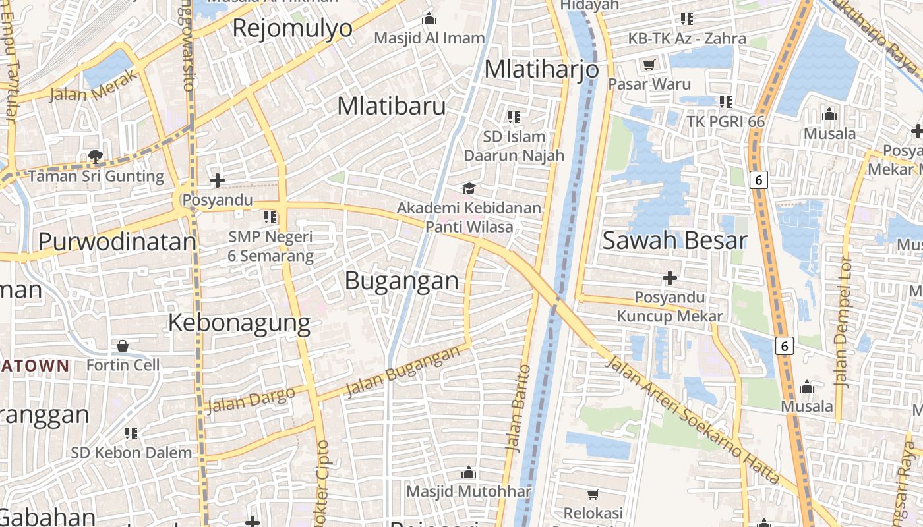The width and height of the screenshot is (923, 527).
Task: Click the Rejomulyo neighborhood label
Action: click(293, 28)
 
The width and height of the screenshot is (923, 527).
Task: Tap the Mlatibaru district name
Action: click(392, 106)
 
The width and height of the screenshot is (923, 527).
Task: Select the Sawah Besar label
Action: click(674, 240)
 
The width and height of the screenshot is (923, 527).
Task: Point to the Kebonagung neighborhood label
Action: click(239, 323)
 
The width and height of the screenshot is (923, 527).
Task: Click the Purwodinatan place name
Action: click(117, 242)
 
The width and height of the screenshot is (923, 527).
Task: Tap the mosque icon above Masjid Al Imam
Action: click(429, 19)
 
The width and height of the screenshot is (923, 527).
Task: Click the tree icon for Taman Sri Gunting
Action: click(96, 157)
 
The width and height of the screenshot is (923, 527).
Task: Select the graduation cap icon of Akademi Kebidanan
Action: click(469, 189)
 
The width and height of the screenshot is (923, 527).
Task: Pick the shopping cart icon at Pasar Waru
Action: click(649, 65)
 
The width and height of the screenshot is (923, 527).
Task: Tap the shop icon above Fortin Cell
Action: click(123, 346)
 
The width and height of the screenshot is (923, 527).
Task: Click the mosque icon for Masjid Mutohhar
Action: click(469, 472)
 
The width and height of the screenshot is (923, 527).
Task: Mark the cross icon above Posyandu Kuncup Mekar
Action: click(670, 278)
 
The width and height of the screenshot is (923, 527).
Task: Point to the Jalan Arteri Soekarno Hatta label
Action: click(692, 419)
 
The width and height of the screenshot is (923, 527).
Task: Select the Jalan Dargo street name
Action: click(251, 400)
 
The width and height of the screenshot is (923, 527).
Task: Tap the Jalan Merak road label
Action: click(94, 86)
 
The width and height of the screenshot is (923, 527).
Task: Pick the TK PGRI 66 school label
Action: click(725, 122)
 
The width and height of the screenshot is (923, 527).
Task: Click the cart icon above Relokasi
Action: click(593, 494)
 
